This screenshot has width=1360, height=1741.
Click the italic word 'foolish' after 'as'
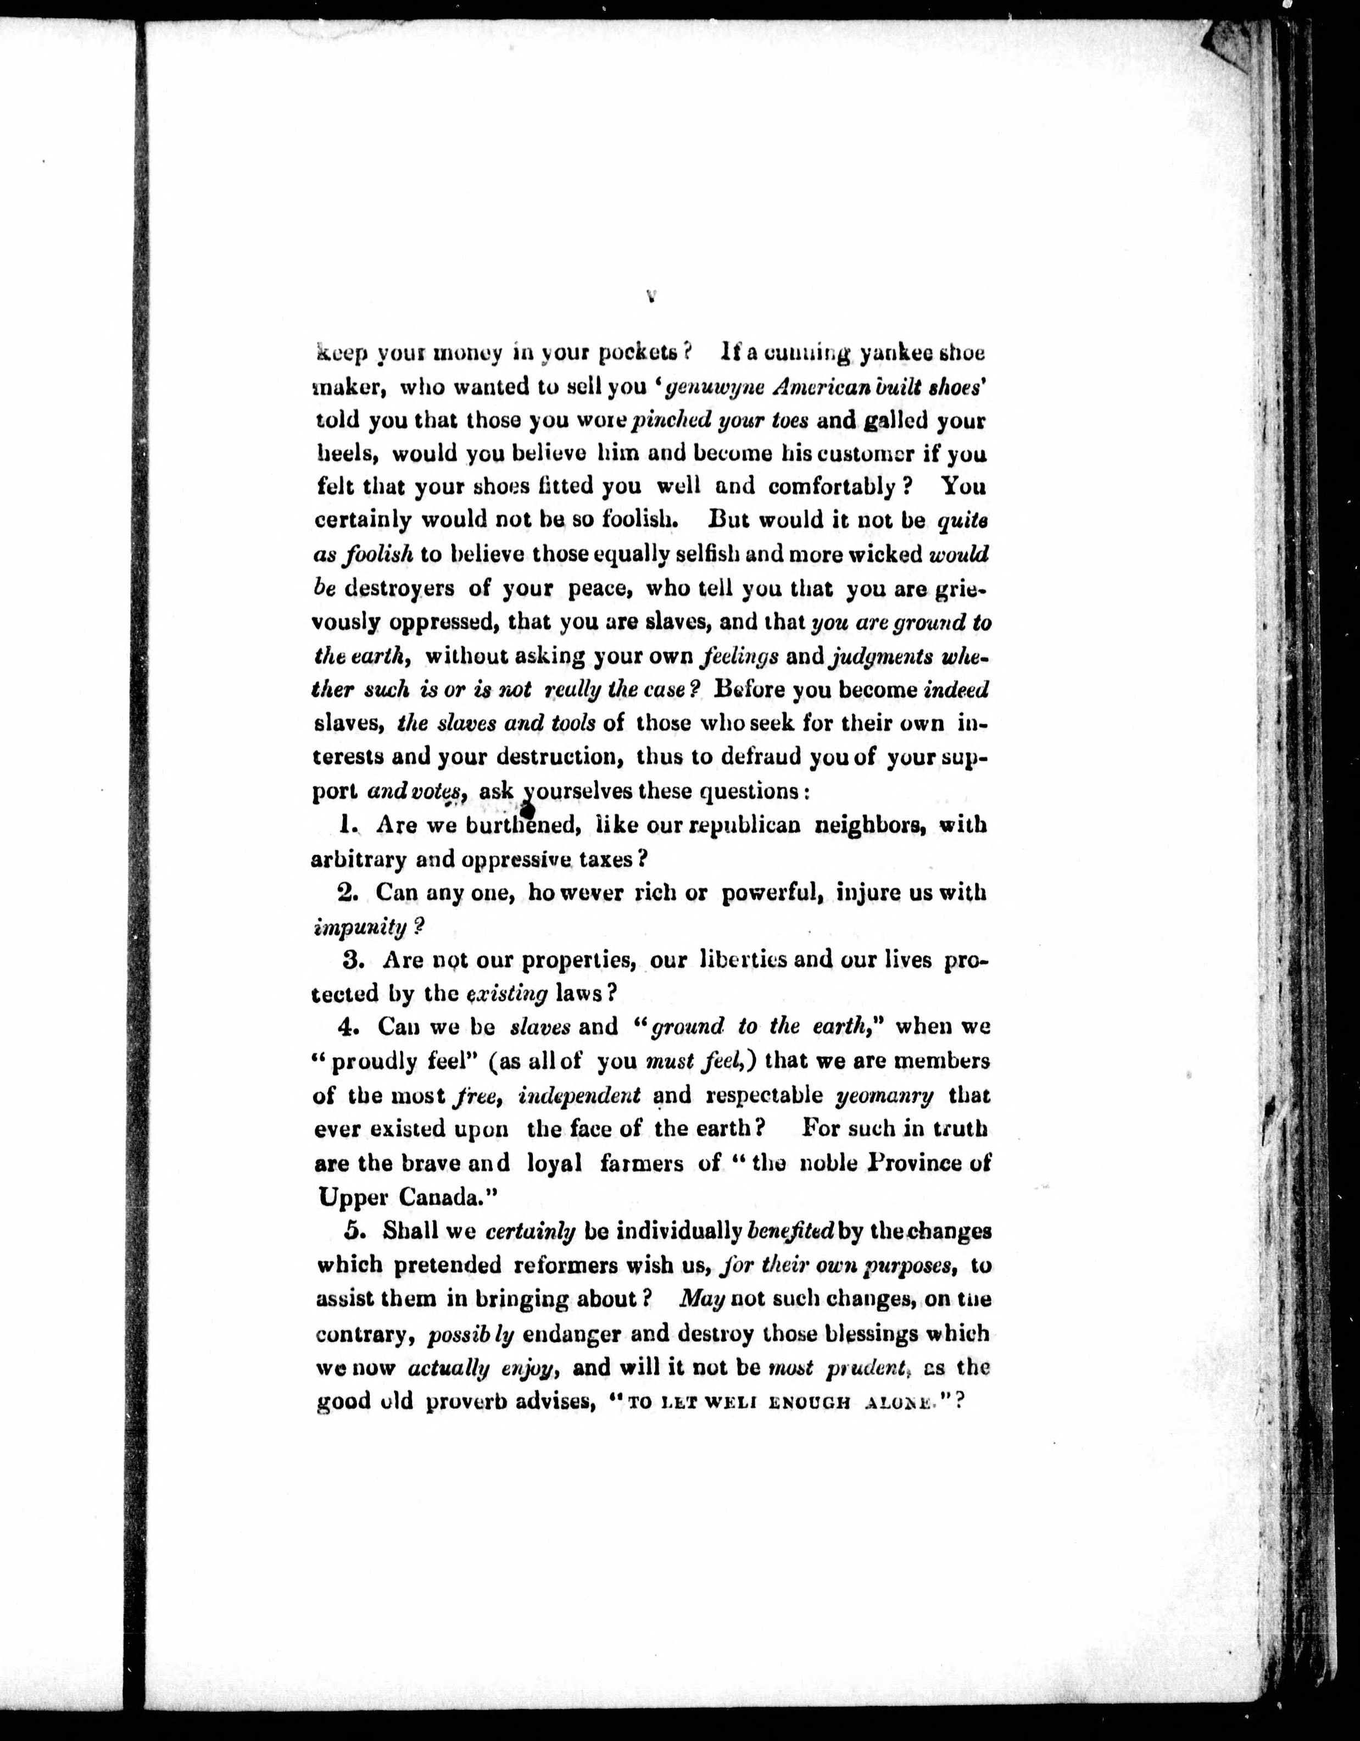pos(380,554)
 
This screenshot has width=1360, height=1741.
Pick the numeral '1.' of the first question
pos(348,825)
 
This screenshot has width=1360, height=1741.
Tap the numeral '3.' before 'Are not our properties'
pos(354,960)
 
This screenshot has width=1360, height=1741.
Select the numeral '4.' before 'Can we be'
pos(348,1027)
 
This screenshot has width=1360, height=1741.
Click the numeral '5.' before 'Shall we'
pos(354,1231)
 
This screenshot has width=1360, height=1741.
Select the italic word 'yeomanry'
pos(884,1095)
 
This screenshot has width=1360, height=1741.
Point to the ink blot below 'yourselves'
pos(527,809)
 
